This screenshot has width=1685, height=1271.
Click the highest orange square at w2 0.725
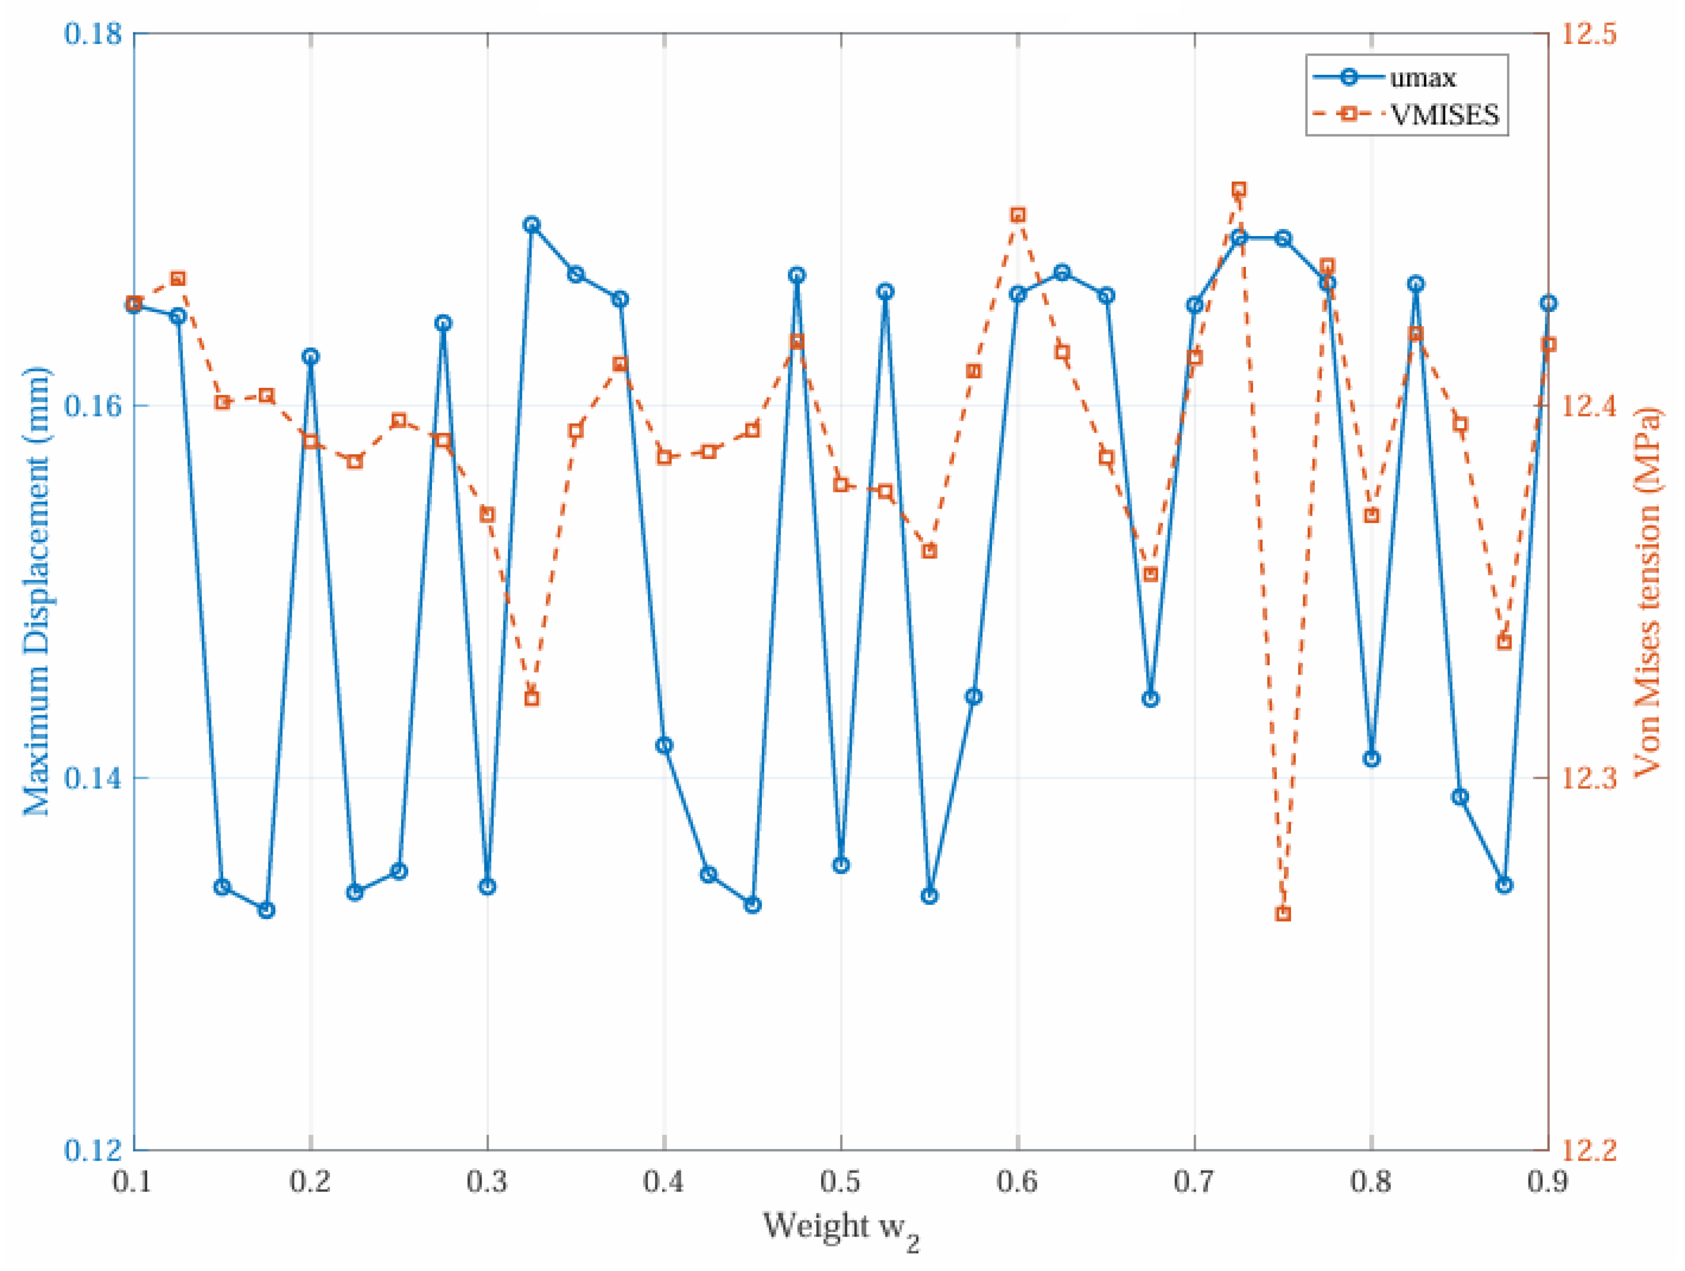[x=1239, y=189]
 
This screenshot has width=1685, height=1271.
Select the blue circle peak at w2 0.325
[x=532, y=224]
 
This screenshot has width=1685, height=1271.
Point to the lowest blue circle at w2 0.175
[x=266, y=910]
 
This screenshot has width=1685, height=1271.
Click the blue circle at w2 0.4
[x=664, y=745]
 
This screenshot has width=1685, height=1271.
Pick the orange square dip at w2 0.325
[x=532, y=698]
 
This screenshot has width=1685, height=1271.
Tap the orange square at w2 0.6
[x=1018, y=215]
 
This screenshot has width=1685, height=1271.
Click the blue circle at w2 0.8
[x=1372, y=758]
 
